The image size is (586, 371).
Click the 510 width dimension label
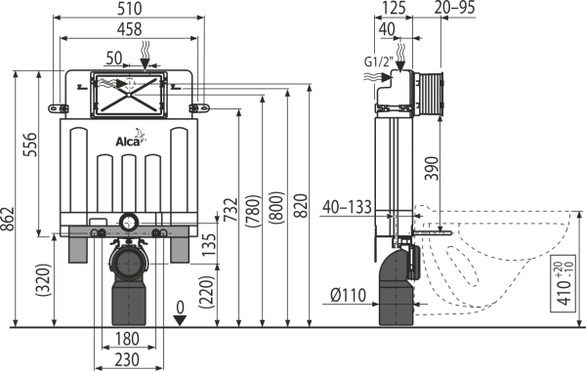click(x=130, y=8)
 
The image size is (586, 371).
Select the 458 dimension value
click(x=130, y=29)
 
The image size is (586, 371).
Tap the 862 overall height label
click(x=8, y=219)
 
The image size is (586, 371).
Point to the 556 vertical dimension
click(x=30, y=144)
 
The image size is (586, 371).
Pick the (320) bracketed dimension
click(x=43, y=280)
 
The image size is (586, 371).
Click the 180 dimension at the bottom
click(x=127, y=339)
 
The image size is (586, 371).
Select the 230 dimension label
click(x=127, y=360)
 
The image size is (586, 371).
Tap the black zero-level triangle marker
click(x=180, y=320)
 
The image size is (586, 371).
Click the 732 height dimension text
click(x=230, y=210)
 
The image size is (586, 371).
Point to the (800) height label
click(x=277, y=208)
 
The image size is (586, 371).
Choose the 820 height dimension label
click(x=301, y=206)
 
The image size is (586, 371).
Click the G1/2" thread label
click(x=379, y=62)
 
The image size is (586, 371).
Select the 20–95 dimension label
click(x=455, y=8)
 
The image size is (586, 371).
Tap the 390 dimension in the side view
click(x=433, y=169)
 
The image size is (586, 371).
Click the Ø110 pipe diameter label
click(x=349, y=295)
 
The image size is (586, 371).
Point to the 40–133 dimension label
click(x=348, y=207)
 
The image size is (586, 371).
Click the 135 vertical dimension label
click(x=210, y=245)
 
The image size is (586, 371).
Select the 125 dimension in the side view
click(x=394, y=8)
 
